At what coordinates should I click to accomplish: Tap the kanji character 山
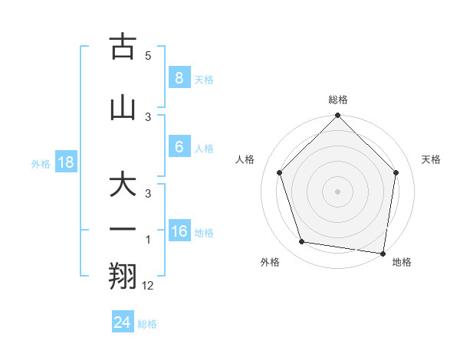(x=123, y=108)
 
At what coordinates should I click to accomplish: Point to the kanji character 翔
(x=123, y=276)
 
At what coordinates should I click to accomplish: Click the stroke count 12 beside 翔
(x=149, y=286)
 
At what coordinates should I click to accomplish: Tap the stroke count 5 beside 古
(x=148, y=56)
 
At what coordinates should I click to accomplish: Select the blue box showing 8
(x=179, y=77)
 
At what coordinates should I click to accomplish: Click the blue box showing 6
(x=179, y=147)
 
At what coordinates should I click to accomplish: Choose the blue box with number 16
(x=179, y=231)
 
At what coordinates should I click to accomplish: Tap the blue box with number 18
(x=65, y=162)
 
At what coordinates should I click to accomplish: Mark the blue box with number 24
(x=123, y=322)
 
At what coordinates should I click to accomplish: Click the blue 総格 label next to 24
(x=147, y=324)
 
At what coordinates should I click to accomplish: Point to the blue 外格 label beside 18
(x=41, y=164)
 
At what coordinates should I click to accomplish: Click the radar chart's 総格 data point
(x=337, y=116)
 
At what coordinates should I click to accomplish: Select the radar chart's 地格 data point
(x=383, y=253)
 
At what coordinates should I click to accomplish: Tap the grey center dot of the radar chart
(x=337, y=191)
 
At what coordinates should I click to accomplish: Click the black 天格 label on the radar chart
(x=432, y=159)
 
